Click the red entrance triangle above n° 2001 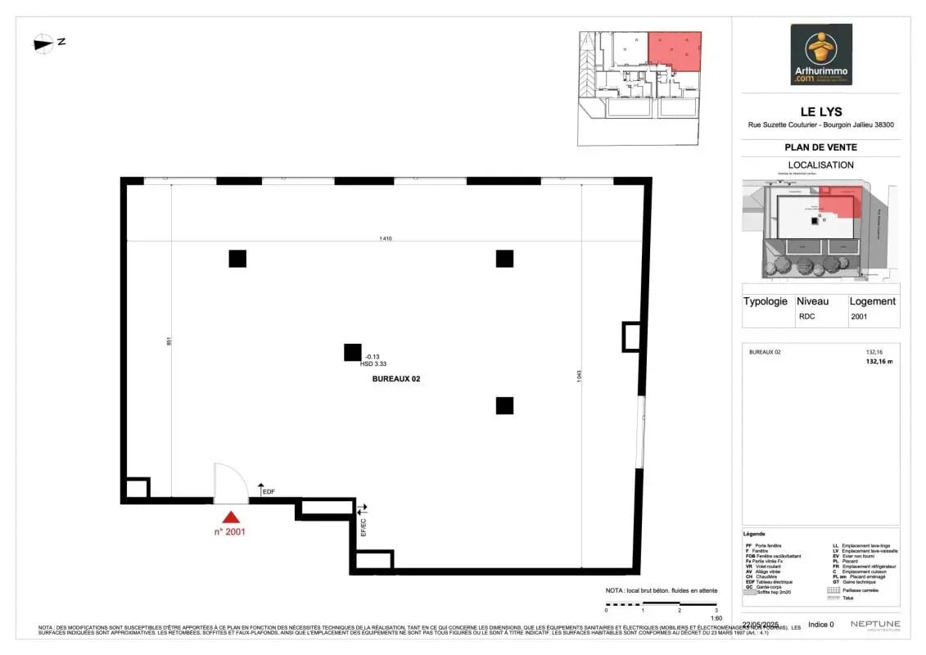pos(232,517)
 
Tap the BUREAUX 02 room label pos(395,379)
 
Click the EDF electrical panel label pos(268,492)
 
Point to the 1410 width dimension pos(385,239)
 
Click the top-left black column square pos(237,259)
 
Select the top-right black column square pos(504,259)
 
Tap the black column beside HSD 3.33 pos(352,352)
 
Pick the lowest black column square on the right pos(504,405)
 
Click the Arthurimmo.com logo pos(820,54)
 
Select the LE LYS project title pos(820,112)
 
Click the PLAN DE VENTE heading pos(820,147)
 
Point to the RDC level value pos(806,316)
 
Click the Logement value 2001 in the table pos(859,316)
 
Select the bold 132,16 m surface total pos(879,360)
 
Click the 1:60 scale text pos(716,618)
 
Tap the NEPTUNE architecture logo pos(874,625)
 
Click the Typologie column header pos(765,301)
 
